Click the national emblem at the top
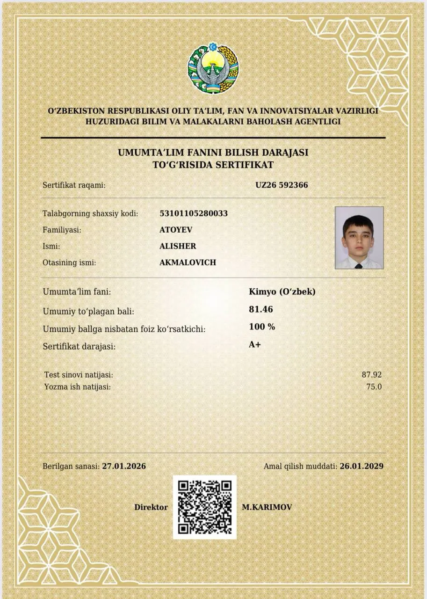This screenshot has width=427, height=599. (213, 69)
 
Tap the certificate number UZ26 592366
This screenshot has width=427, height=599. (282, 185)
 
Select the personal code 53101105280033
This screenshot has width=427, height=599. (194, 213)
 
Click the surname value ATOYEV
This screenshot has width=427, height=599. (176, 230)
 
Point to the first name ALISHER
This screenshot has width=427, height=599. (178, 246)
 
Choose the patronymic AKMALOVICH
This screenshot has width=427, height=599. (188, 263)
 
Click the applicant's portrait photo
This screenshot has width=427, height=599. (359, 238)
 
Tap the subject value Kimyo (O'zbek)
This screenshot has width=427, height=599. (282, 292)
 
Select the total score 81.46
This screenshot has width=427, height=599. (261, 309)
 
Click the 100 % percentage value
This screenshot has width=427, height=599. (262, 327)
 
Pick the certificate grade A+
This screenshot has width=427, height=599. (255, 345)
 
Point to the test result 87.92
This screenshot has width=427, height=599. (372, 375)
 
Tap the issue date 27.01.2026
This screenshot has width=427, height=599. (124, 466)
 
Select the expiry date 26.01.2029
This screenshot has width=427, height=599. (362, 466)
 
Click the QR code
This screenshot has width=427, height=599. (205, 507)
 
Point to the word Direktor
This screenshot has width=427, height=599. (151, 507)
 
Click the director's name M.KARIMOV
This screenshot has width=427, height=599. (267, 507)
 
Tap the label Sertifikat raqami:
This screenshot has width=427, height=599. (74, 185)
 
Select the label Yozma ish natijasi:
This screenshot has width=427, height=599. (77, 387)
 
